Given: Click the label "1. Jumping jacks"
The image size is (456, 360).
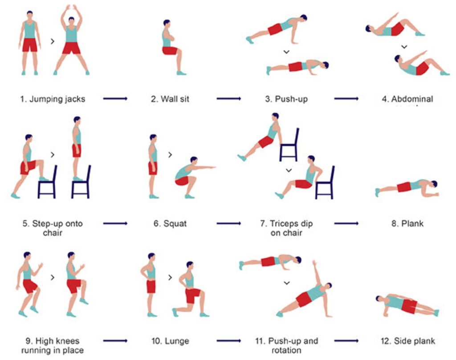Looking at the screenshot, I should [x=52, y=99].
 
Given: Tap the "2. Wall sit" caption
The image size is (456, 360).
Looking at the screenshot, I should [x=170, y=99].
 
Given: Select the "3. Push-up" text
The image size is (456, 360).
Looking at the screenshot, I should [x=286, y=99].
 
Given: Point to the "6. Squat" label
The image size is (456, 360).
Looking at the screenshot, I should [x=170, y=223].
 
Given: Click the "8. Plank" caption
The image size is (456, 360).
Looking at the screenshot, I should [x=407, y=223].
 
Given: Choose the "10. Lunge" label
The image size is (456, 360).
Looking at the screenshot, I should [x=170, y=341].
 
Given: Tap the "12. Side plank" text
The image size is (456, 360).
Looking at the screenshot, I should [x=407, y=341].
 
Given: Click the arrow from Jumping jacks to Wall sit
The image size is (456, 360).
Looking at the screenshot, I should [x=115, y=98].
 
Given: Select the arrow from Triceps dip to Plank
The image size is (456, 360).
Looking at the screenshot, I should [x=346, y=222].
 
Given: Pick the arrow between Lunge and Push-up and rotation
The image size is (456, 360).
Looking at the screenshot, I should [x=229, y=341].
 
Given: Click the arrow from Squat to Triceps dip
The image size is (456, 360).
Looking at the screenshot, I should [x=229, y=222].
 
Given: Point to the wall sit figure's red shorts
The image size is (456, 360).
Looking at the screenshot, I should [x=170, y=51].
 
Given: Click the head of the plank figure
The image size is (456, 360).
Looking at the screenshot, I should [x=433, y=184].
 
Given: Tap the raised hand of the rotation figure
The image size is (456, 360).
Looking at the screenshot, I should [x=314, y=263].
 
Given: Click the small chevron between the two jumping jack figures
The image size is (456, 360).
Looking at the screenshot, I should [x=53, y=41].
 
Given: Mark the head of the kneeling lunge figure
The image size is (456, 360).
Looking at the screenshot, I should [x=190, y=265].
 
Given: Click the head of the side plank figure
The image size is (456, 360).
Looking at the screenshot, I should [x=379, y=299].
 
